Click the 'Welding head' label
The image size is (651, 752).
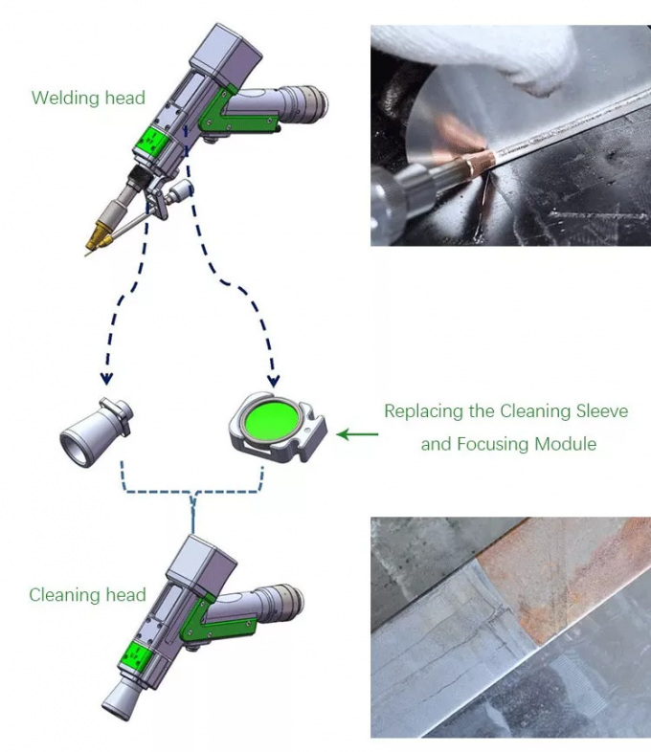(88, 98)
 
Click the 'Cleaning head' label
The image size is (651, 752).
(87, 595)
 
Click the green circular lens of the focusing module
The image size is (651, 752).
(272, 421)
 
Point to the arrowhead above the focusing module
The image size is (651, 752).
(274, 371)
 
